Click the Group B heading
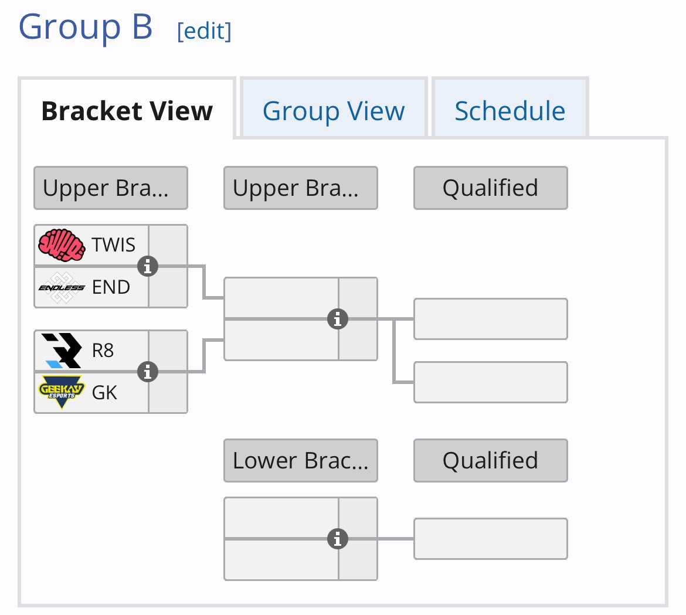(86, 27)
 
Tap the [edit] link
(204, 31)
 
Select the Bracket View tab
(127, 111)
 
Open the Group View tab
(334, 111)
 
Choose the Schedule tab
(510, 111)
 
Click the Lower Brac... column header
(301, 461)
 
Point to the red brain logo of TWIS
(62, 245)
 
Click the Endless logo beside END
(62, 287)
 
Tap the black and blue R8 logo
(62, 351)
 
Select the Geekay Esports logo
(62, 392)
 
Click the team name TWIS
(113, 245)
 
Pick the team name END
(111, 287)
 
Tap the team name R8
(103, 351)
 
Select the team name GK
(104, 393)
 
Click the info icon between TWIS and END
(148, 266)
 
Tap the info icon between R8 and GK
(148, 372)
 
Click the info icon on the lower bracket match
(338, 539)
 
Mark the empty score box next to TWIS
(168, 245)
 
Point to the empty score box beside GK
(168, 393)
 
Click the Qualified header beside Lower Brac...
(490, 461)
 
